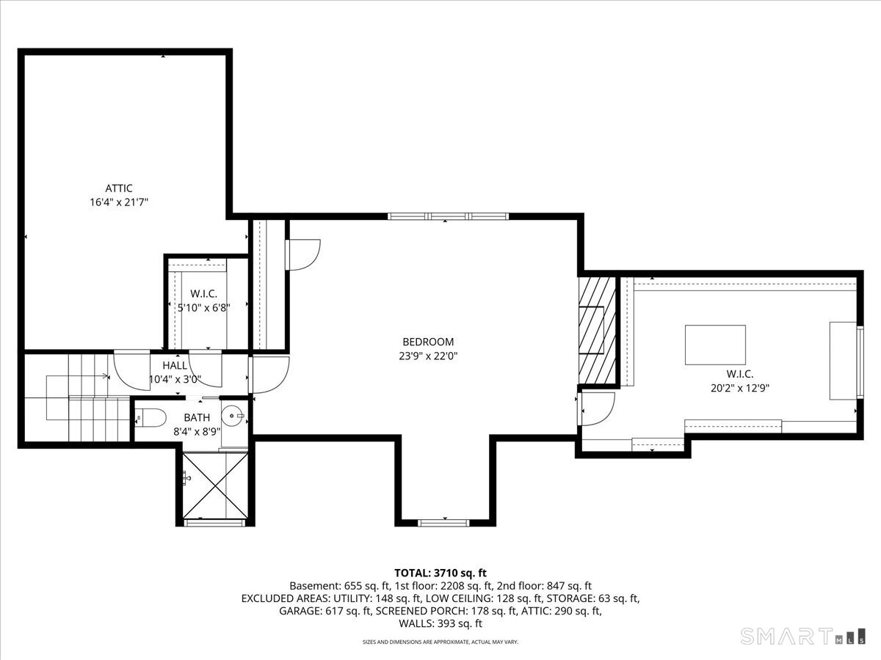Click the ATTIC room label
pos(119,188)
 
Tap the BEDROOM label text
pos(428,342)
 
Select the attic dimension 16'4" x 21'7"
pos(119,202)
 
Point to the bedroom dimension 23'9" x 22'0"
pos(428,356)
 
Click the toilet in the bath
pos(150,418)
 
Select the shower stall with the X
pos(215,485)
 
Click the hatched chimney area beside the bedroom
pos(597,330)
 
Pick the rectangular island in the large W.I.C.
pos(715,345)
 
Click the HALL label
pos(175,365)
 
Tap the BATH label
pos(197,417)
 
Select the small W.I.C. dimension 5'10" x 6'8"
pos(204,308)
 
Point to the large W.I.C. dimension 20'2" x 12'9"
pos(740,388)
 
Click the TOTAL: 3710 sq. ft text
pos(440,573)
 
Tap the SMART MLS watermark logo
pos(802,636)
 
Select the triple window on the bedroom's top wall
pos(448,216)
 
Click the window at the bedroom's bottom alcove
pos(443,523)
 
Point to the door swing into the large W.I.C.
pos(596,408)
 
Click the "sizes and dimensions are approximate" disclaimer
pos(440,642)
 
